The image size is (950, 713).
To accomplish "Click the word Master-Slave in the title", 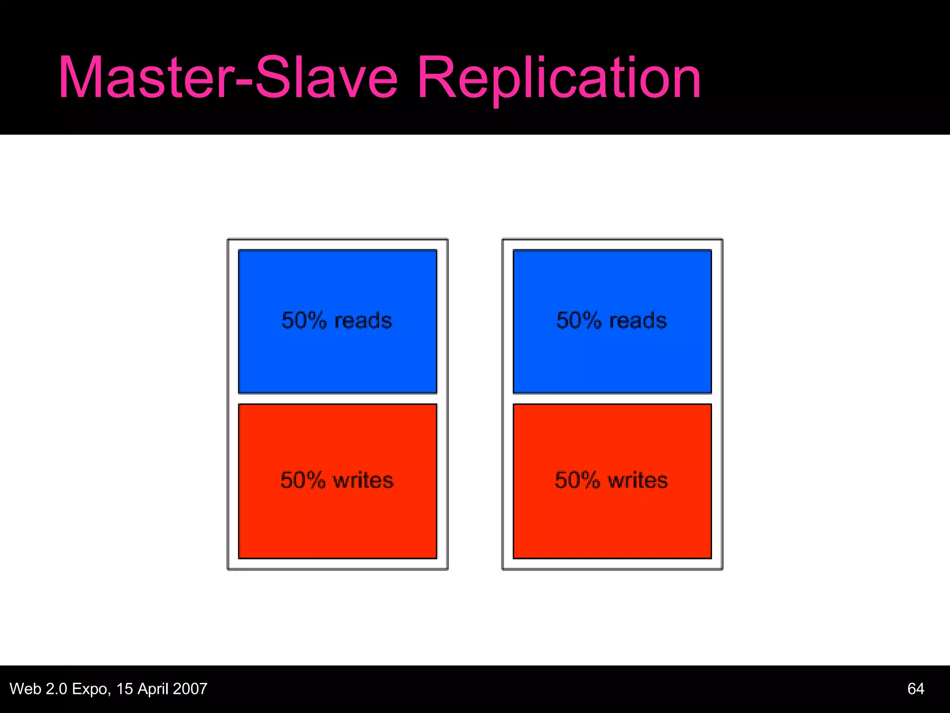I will pos(227,78).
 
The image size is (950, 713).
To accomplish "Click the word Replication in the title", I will pos(558,78).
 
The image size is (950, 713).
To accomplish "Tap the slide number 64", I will pos(915,689).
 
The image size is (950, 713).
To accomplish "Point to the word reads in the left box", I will pos(363,321).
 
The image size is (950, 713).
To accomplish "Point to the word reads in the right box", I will pos(638,321).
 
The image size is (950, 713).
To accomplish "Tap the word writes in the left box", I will pos(363,480).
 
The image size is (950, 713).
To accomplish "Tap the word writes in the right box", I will pos(638,480).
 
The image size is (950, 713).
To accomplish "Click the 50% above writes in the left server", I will pos(303,480).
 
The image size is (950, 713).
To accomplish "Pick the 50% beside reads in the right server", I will pos(578,321).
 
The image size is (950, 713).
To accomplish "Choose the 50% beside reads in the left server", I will pos(304,321).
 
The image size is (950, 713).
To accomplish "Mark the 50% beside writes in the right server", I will pos(578,480).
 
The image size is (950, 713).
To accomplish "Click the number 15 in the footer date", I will pos(124,689).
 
